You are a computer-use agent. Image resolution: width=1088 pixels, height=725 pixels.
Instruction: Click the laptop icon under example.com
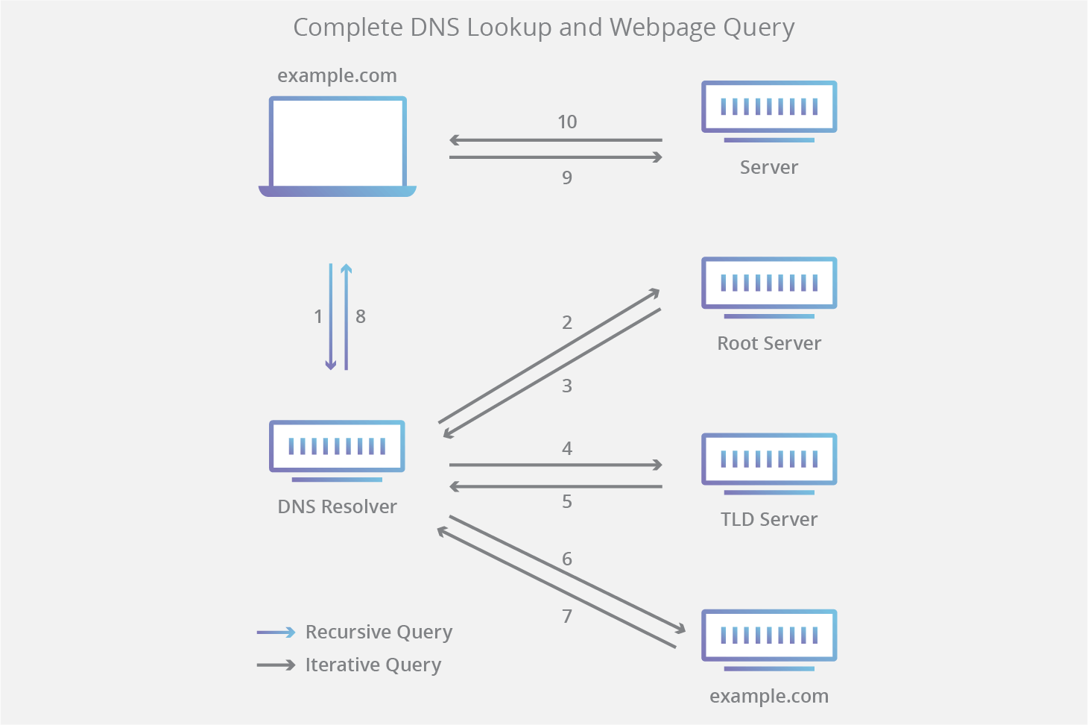(x=337, y=146)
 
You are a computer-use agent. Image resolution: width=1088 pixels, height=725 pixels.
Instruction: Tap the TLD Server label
(x=768, y=519)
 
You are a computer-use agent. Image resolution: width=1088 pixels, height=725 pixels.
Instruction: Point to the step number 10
(x=567, y=122)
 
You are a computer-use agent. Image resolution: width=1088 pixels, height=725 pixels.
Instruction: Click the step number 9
(x=567, y=178)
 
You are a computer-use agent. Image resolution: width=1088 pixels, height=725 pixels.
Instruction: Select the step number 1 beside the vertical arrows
(x=318, y=316)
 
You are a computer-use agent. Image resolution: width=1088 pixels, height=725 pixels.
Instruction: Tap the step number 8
(x=361, y=316)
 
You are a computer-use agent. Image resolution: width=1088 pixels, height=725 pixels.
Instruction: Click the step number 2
(x=567, y=322)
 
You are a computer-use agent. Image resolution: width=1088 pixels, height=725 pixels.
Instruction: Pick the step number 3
(x=567, y=386)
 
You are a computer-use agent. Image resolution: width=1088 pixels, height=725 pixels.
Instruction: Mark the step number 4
(x=567, y=448)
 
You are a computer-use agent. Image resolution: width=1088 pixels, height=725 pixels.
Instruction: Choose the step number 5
(x=567, y=501)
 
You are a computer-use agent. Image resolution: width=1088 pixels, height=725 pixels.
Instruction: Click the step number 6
(x=567, y=559)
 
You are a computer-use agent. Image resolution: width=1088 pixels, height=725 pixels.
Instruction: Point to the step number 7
(x=567, y=616)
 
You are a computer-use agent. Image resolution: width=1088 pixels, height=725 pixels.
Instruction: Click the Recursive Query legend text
(x=379, y=633)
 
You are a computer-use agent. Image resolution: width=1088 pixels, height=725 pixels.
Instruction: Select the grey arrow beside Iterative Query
(x=276, y=665)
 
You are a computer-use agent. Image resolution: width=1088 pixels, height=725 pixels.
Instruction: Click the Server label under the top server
(x=768, y=167)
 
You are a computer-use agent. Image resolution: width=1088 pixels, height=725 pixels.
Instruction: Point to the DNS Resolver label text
(x=337, y=506)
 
